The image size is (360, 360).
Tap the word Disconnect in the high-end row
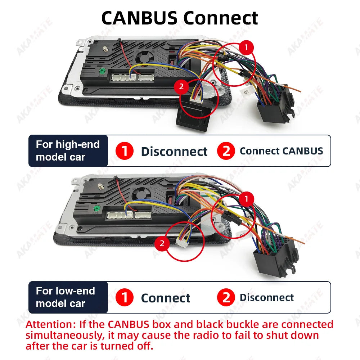(x=174, y=152)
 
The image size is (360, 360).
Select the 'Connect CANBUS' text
(x=281, y=151)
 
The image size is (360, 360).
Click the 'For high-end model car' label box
(x=68, y=151)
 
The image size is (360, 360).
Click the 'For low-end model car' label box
(x=68, y=297)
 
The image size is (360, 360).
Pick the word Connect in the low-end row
(x=166, y=298)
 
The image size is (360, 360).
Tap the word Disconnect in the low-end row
(x=266, y=298)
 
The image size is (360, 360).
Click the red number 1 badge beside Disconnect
(x=125, y=151)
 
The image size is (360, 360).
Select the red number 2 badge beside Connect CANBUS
(x=226, y=151)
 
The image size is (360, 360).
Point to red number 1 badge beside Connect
(x=125, y=298)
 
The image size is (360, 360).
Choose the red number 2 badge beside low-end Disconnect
(x=226, y=298)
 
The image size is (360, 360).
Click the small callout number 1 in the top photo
(x=246, y=47)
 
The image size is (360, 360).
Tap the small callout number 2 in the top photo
(x=181, y=86)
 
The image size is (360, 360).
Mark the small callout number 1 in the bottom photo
(x=247, y=199)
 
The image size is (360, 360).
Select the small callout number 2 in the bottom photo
(x=162, y=244)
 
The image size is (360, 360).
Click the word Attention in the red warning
(x=49, y=325)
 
